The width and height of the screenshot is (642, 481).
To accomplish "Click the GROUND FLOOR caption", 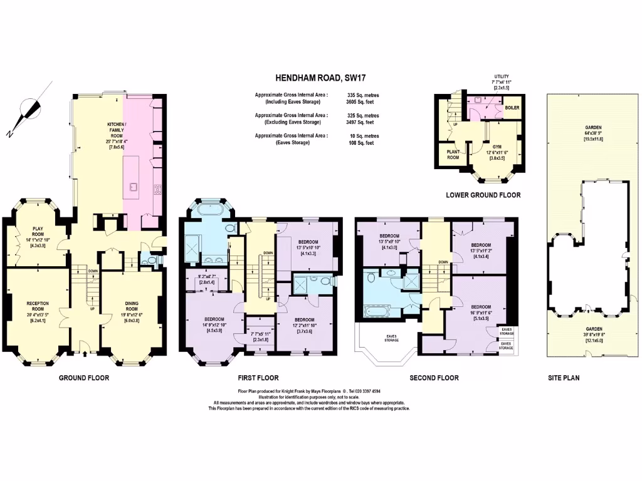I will (84, 378).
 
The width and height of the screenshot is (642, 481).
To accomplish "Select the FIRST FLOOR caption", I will (258, 378).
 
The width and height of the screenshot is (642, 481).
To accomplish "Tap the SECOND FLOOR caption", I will (434, 378).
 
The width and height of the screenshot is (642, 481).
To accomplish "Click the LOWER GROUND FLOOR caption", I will (483, 195).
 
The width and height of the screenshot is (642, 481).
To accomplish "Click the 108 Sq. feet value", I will (360, 143).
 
